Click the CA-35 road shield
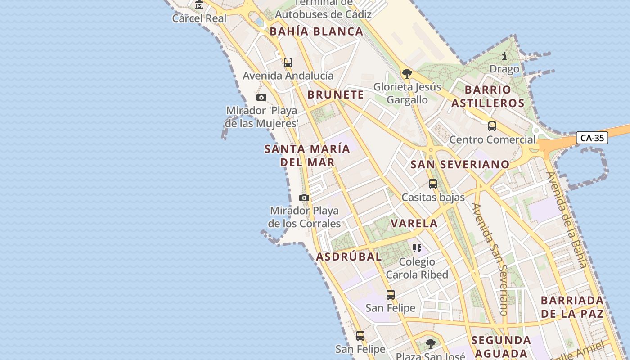592,138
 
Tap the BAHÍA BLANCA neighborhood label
316,31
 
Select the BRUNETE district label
336,94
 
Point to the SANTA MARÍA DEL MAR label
307,155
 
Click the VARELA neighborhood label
414,223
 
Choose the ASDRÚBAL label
349,256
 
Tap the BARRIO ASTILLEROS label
488,96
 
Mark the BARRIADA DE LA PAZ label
572,307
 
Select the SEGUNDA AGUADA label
501,346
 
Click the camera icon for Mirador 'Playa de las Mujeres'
261,97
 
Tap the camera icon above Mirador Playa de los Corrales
304,198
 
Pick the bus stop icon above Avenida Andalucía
288,63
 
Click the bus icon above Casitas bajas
433,184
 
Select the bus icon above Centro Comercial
492,126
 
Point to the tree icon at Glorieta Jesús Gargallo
407,73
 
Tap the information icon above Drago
504,56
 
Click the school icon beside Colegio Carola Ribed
417,248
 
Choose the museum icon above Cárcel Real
199,5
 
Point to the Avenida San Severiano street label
490,259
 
